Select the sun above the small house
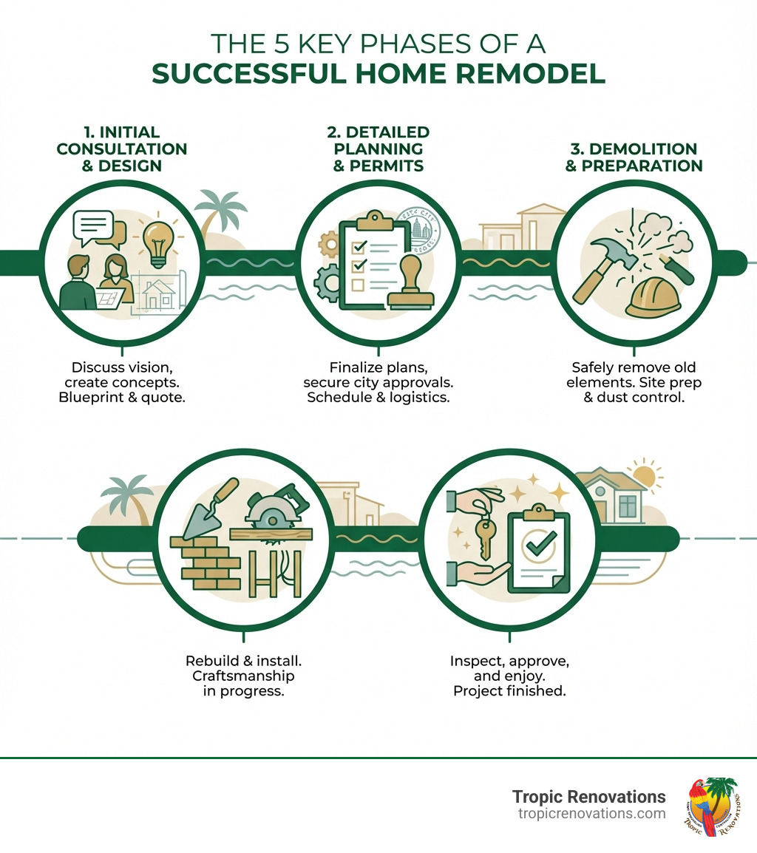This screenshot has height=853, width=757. [643, 474]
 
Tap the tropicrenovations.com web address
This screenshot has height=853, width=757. [591, 814]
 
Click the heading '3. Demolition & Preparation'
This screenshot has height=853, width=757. [634, 157]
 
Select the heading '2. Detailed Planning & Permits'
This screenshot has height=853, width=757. [378, 149]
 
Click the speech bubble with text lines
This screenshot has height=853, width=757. [94, 225]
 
